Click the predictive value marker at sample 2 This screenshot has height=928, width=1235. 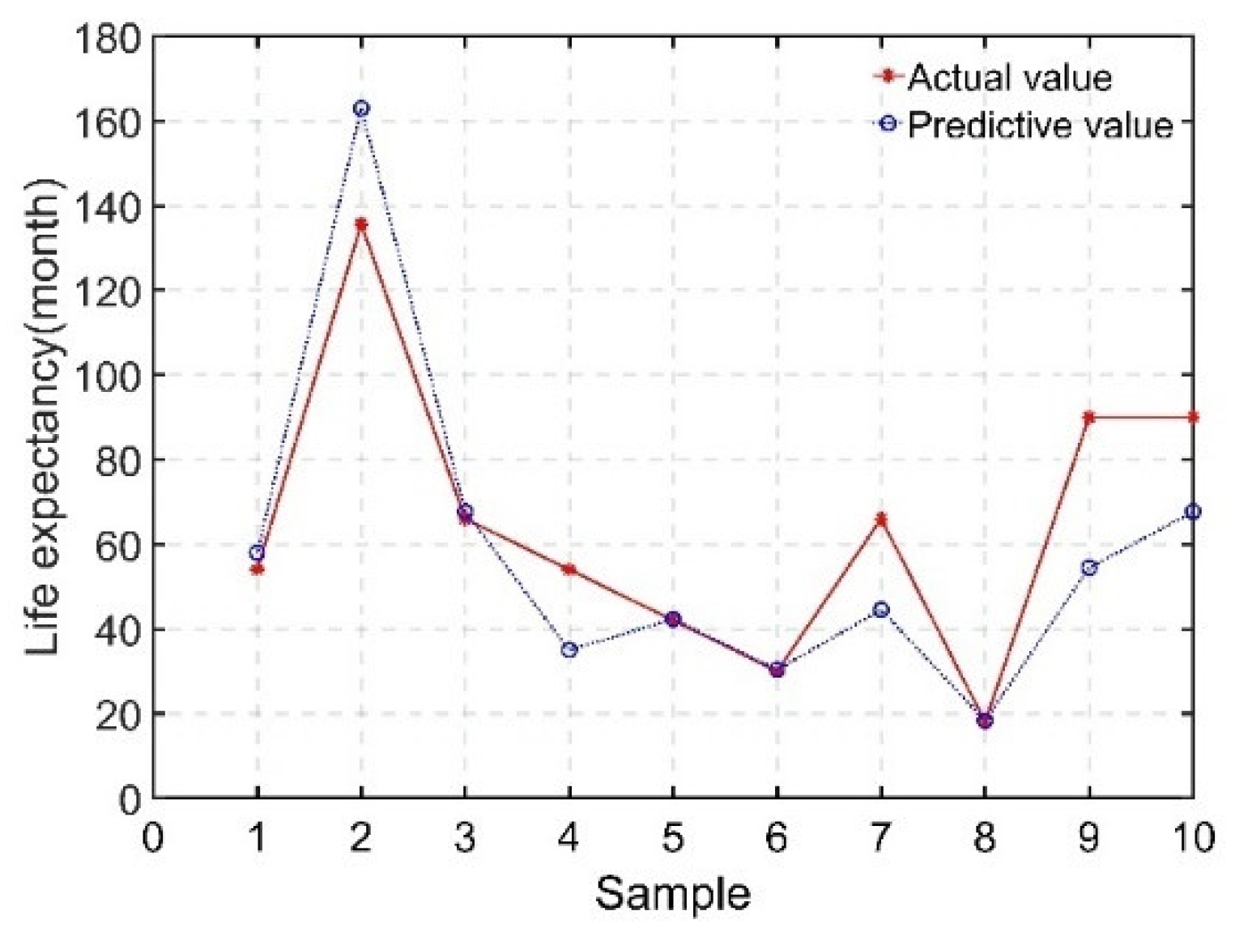361,109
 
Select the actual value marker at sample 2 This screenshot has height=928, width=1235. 361,224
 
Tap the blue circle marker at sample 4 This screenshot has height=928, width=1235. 569,649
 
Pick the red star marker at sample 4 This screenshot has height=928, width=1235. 569,569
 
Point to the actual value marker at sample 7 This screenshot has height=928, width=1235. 881,519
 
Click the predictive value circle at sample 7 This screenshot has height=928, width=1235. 881,610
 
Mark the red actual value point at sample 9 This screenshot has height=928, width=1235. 1089,417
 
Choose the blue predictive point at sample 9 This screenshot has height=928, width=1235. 1089,568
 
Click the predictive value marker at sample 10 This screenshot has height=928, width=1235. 1192,512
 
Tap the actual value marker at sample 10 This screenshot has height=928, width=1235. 1192,417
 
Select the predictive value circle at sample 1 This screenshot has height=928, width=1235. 258,552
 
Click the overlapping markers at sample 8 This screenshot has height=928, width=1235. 985,721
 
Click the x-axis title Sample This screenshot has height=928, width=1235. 672,895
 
